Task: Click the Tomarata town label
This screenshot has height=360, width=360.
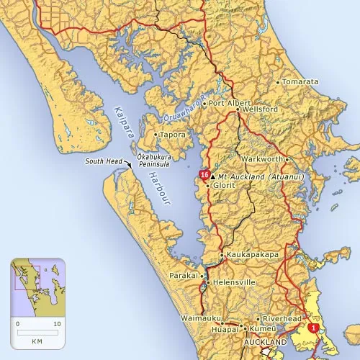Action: pyautogui.click(x=300, y=82)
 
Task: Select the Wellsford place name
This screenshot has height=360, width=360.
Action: pyautogui.click(x=258, y=109)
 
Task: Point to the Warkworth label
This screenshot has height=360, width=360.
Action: pyautogui.click(x=264, y=158)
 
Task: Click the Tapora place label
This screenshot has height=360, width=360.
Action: pyautogui.click(x=173, y=135)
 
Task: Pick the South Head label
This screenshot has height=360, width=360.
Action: pyautogui.click(x=104, y=161)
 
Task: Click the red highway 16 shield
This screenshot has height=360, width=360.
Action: pyautogui.click(x=205, y=175)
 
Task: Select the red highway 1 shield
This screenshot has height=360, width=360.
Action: pyautogui.click(x=313, y=327)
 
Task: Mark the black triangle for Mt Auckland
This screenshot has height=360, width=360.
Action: pyautogui.click(x=212, y=176)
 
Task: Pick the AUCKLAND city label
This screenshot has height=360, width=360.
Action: pyautogui.click(x=266, y=341)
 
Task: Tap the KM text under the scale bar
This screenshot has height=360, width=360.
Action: pyautogui.click(x=37, y=339)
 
